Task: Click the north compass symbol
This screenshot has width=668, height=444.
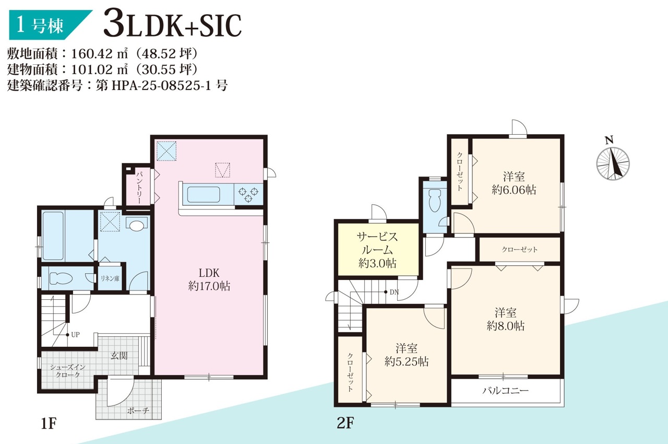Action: [x=613, y=160]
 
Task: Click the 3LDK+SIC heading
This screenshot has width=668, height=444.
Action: [x=172, y=26]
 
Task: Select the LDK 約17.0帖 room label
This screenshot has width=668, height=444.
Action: [x=209, y=279]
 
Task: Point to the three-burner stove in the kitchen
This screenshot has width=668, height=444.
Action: [x=248, y=194]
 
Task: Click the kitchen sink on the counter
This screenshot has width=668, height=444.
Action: [x=204, y=194]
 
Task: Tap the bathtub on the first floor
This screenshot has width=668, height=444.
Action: [x=53, y=236]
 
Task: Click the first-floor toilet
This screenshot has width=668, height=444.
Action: [x=61, y=278]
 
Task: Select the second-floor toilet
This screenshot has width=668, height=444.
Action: [x=435, y=201]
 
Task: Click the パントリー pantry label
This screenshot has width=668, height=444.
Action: [x=139, y=187]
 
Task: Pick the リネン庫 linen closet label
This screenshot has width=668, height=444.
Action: [x=110, y=278]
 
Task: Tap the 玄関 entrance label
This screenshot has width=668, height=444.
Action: [x=119, y=356]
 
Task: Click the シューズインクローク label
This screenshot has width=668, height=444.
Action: [x=67, y=371]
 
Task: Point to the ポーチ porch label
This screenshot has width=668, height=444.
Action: [x=138, y=411]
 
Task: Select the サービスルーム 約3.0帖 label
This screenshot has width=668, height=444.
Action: [x=377, y=250]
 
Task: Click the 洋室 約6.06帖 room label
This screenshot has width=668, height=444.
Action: [x=514, y=183]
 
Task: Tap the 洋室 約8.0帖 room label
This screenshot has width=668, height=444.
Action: [x=506, y=319]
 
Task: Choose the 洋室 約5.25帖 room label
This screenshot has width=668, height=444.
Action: [x=407, y=355]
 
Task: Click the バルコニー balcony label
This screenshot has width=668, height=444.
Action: [x=506, y=390]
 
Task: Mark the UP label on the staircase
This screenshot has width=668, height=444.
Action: [x=75, y=335]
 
